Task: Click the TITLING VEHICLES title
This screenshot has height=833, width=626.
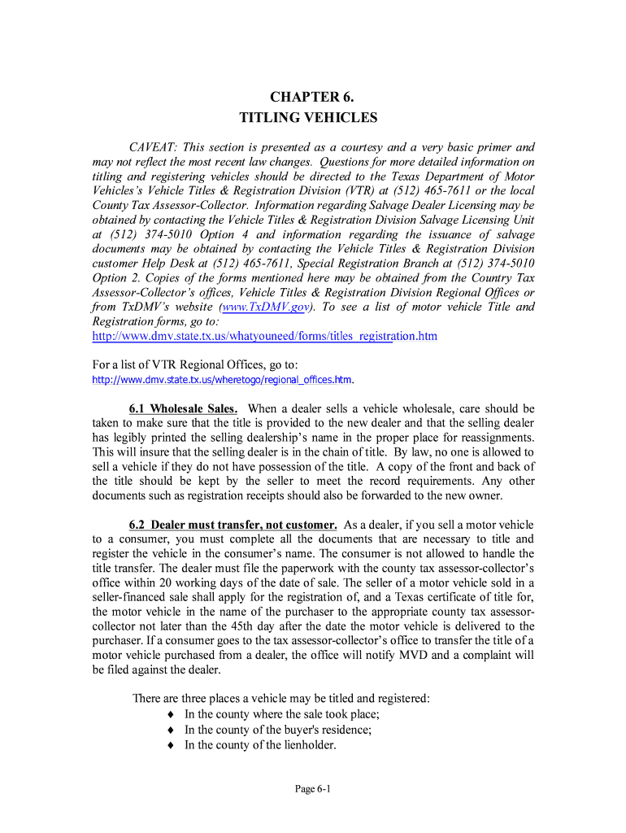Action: (308, 118)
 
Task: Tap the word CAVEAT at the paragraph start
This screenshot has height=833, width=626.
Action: (154, 147)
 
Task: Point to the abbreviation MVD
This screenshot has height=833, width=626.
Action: (420, 656)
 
